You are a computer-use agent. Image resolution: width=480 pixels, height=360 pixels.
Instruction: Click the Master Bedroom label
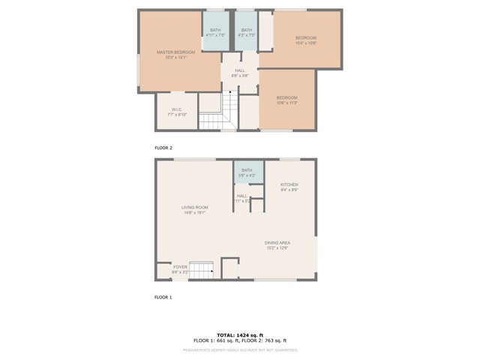coord(175,52)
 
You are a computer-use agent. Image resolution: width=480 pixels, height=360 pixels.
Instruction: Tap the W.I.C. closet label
coord(177,109)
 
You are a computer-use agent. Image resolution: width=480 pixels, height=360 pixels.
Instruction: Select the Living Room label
coord(194,208)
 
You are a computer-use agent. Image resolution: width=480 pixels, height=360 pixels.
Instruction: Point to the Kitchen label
coord(289,184)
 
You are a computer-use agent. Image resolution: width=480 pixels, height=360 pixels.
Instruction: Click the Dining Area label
coord(277,243)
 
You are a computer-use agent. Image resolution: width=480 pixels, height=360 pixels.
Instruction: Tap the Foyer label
coord(180,267)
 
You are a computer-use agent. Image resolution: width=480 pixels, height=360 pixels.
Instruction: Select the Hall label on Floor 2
coord(239,71)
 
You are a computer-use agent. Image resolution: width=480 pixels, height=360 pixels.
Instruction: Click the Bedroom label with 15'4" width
coord(305,38)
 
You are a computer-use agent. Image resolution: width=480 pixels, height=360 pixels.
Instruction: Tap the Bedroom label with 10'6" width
coord(286,98)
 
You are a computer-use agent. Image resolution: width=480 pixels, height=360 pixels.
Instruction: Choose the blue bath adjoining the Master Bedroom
coord(215,31)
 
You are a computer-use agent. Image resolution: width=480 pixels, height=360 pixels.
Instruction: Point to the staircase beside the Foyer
coord(201,270)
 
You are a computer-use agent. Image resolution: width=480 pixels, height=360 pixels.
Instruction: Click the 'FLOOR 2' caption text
coord(163,148)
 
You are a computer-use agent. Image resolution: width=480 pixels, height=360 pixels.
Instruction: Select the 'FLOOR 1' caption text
coord(163,297)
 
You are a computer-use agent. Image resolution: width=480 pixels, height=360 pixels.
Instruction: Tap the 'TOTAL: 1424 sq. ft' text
coord(240,334)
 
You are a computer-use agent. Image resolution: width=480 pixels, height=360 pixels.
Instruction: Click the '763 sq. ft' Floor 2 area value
coord(273,340)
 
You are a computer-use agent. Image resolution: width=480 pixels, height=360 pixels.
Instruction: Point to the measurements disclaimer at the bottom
coord(240,349)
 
